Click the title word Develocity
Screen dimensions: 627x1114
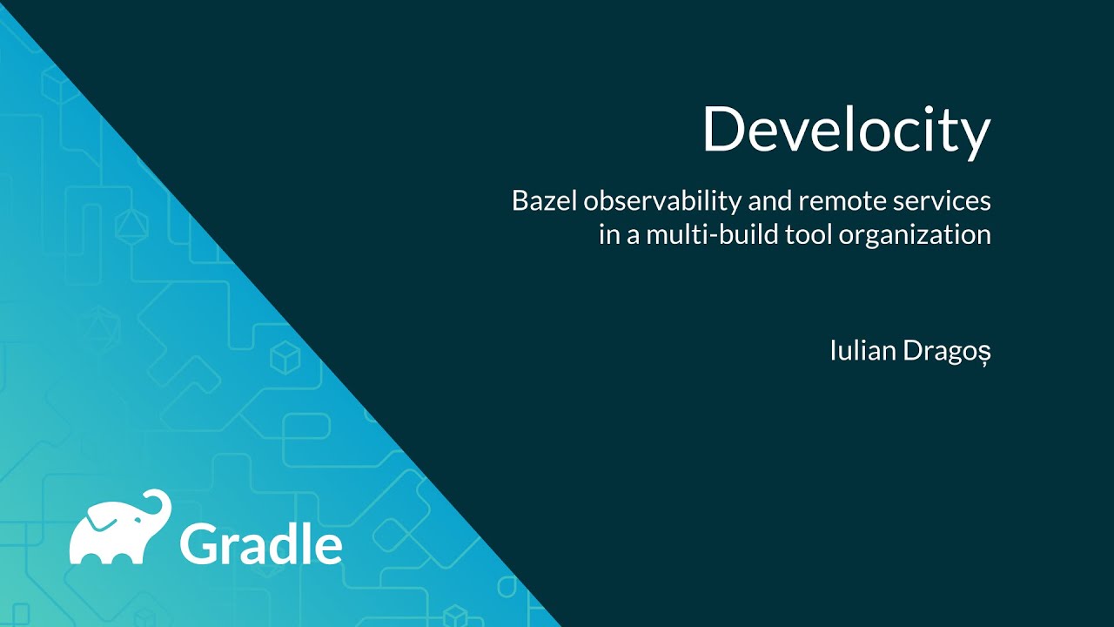[846, 131]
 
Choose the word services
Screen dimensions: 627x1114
[945, 201]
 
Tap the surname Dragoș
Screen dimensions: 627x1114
[947, 354]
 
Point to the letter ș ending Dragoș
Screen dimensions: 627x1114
[984, 355]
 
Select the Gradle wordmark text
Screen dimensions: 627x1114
[260, 543]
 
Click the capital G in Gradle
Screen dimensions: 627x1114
[198, 543]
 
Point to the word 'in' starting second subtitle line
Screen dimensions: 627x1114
[607, 235]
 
